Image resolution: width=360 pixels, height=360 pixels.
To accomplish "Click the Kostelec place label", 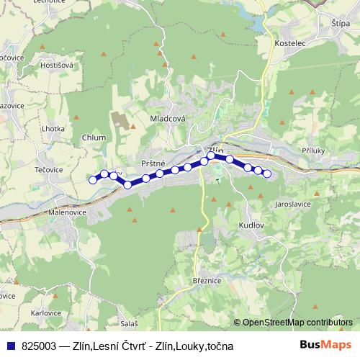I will point(290,44).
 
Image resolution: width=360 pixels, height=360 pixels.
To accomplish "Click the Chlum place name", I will point(94,138).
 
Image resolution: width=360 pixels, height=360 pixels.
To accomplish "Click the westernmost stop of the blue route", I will point(93,180).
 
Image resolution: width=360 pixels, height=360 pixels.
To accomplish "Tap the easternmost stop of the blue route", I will point(267,174).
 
